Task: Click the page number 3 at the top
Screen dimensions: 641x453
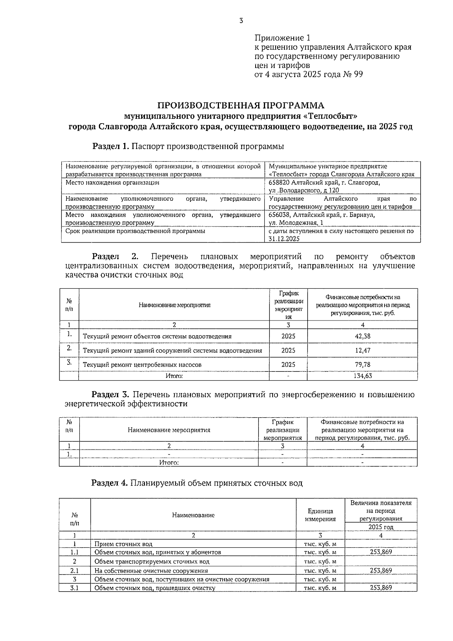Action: [241, 21]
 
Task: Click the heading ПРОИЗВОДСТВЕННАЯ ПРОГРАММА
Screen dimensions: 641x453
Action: [240, 105]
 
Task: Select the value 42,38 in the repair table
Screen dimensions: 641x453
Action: [362, 336]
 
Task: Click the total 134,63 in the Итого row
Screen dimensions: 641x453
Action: [362, 376]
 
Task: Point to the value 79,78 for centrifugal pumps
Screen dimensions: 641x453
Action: [362, 365]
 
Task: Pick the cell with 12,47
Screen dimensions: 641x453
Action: [362, 350]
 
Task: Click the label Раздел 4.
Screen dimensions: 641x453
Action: [110, 483]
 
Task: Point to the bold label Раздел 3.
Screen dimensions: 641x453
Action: [111, 395]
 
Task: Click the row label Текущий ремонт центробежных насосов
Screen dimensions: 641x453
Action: [142, 365]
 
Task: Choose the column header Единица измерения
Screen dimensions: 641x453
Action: [320, 515]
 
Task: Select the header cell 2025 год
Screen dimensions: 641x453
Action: [381, 527]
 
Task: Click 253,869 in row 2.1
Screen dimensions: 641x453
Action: [381, 571]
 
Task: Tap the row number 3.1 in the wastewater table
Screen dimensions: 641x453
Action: [75, 588]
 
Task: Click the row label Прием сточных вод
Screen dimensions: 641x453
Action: [123, 544]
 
